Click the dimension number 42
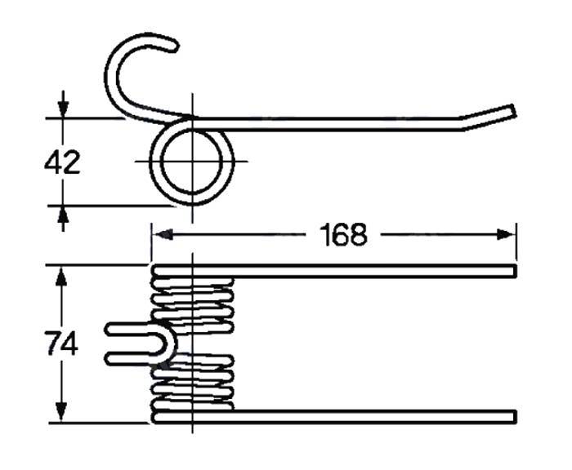62,162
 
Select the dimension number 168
343,235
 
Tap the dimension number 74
62,343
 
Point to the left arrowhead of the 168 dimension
163,234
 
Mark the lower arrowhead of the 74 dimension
61,412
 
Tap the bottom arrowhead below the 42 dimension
63,217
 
